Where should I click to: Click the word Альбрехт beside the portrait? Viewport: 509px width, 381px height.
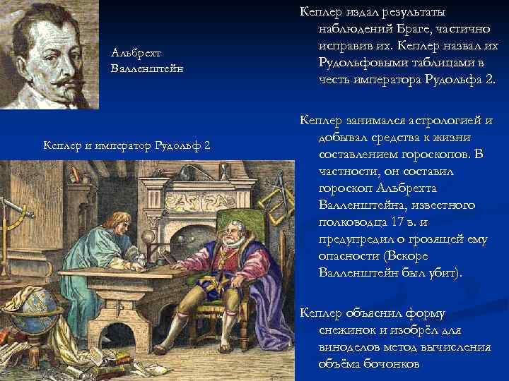click(x=136, y=53)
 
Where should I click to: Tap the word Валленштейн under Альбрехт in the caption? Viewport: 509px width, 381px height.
click(x=146, y=68)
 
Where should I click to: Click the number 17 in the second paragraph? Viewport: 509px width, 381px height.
click(x=392, y=222)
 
